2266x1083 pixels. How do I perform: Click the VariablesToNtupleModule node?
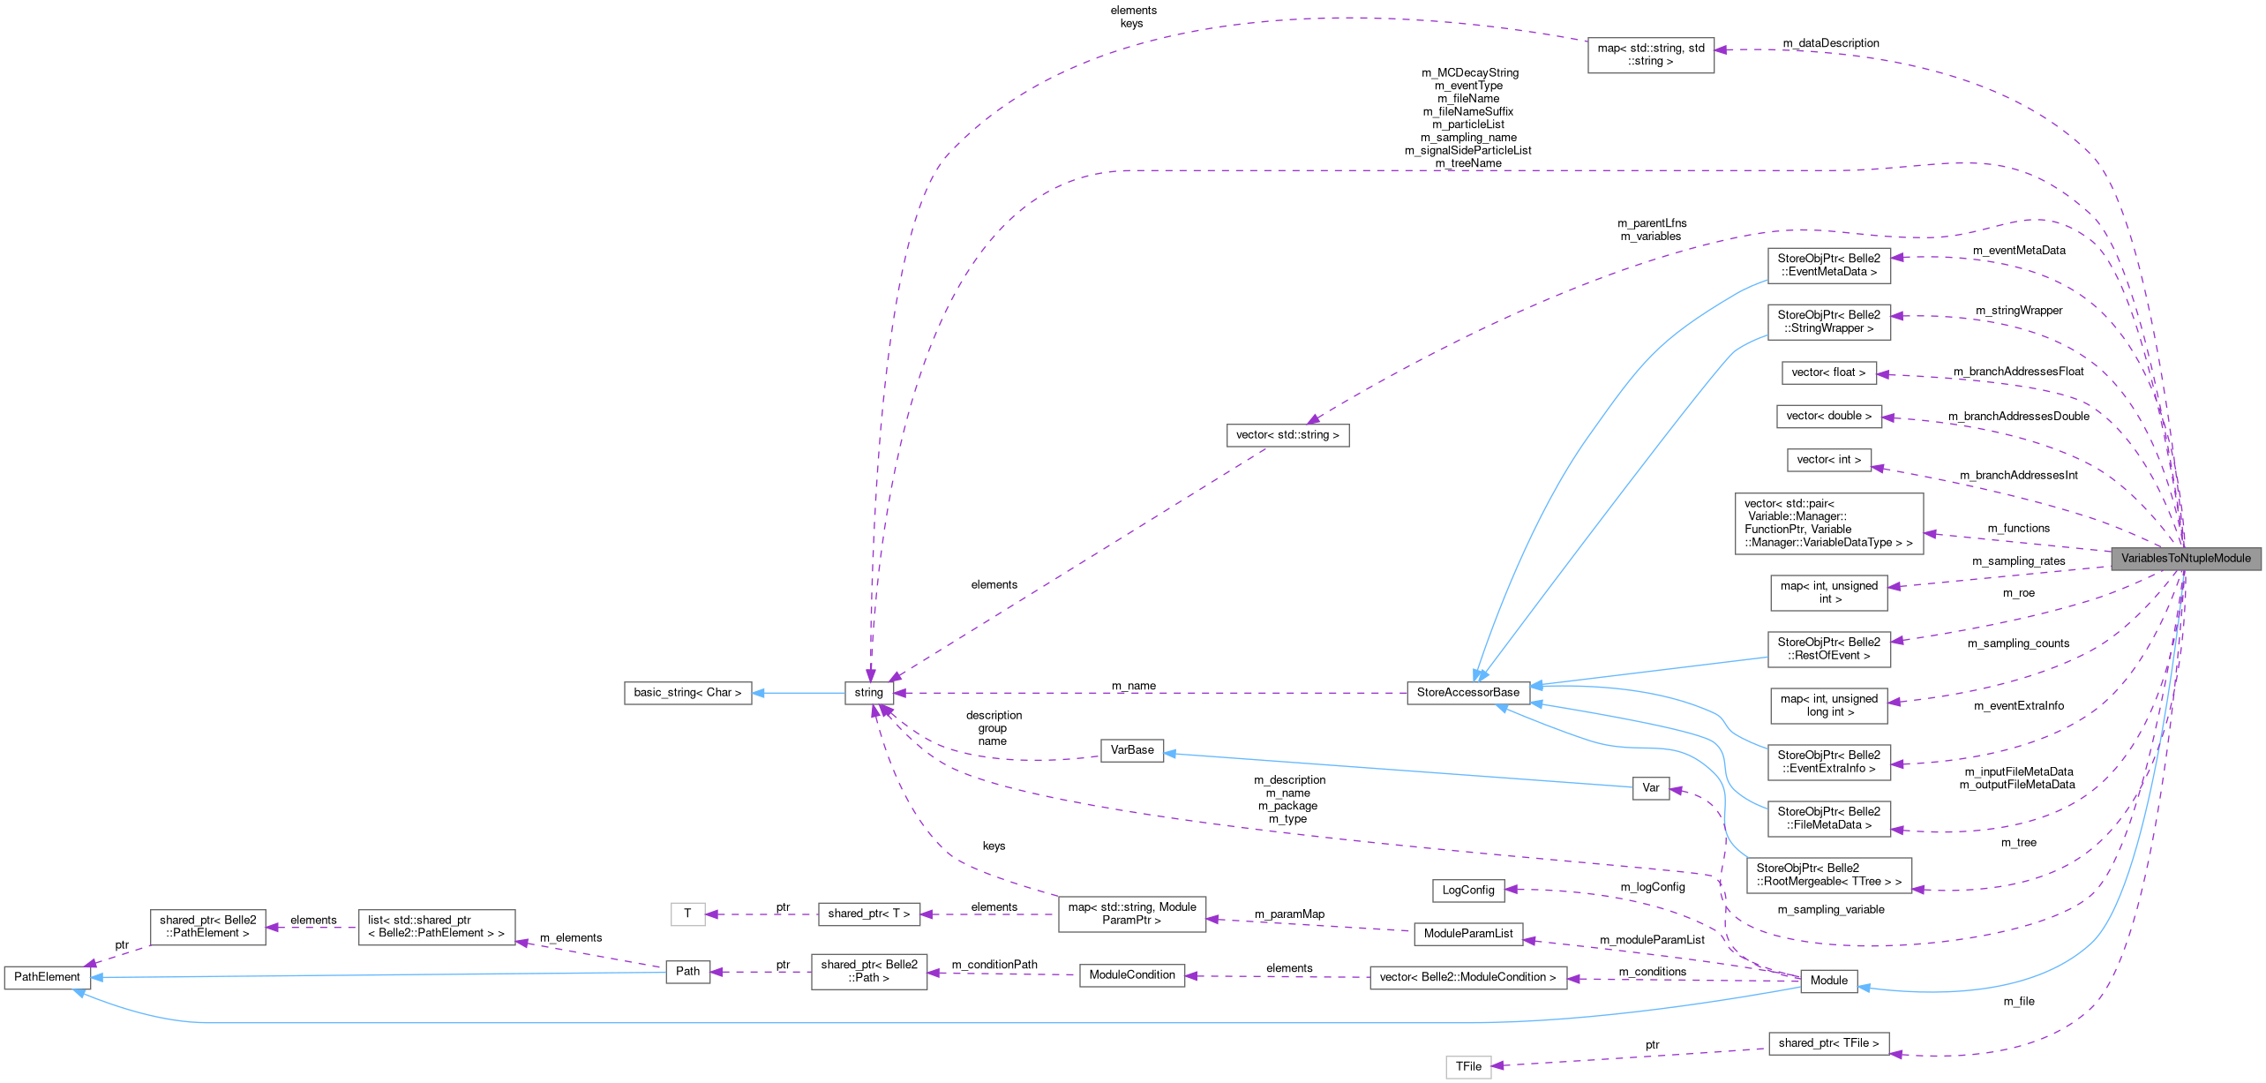pos(2186,558)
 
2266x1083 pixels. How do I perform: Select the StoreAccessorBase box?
pos(1467,693)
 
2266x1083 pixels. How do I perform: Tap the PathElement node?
pos(47,977)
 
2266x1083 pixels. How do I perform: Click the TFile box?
pos(1468,1067)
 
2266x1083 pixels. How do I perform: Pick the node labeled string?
pos(868,693)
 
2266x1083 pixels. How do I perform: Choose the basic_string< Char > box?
pos(687,693)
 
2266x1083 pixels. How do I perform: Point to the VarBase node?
pos(1132,750)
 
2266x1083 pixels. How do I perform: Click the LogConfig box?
pos(1468,890)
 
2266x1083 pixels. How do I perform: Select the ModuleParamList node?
pos(1468,934)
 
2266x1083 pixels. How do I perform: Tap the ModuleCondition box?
pos(1132,975)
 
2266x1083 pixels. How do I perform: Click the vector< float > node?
pos(1828,372)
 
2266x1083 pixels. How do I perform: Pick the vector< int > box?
pos(1828,460)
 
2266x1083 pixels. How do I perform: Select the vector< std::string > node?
pos(1287,435)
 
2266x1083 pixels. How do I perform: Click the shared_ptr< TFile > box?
pos(1828,1043)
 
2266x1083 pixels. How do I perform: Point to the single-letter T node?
pos(687,914)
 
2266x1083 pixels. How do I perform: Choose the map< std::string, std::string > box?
pos(1650,55)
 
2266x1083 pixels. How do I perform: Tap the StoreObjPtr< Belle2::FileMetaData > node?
pos(1828,818)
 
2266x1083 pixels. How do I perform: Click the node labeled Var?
pos(1650,788)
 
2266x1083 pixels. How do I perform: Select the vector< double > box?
pos(1828,416)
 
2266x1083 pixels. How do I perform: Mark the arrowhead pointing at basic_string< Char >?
pos(758,693)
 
